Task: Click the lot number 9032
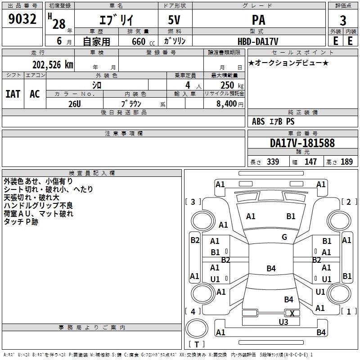click(22, 19)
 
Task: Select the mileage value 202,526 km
click(53, 65)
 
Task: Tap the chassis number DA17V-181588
click(302, 143)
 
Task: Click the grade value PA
click(258, 20)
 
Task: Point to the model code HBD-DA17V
click(258, 41)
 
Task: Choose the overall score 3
click(343, 21)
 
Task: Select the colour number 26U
click(75, 104)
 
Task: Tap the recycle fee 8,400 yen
click(230, 104)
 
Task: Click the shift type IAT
click(13, 94)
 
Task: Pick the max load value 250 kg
click(232, 85)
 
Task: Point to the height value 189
click(346, 162)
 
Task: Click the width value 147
click(310, 162)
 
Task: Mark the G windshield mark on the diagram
click(284, 237)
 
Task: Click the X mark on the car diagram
click(292, 313)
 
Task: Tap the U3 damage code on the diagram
click(283, 322)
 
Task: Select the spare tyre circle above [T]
click(197, 328)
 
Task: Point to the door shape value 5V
click(174, 20)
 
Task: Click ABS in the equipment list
click(258, 121)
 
